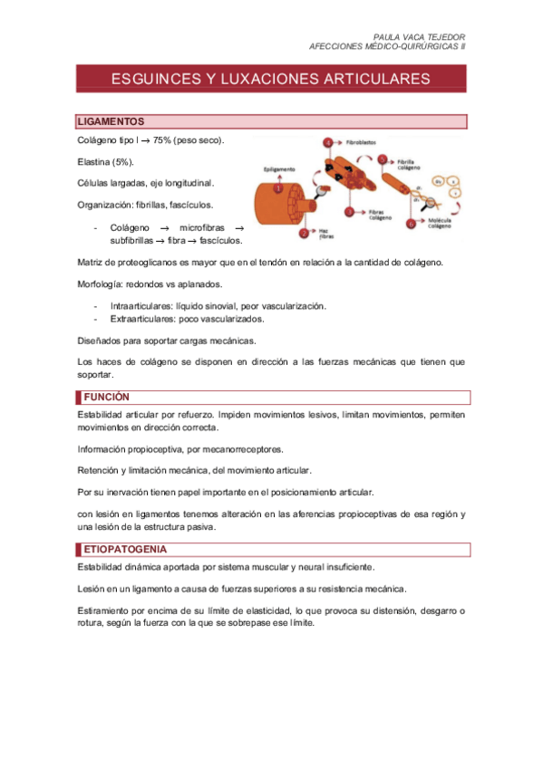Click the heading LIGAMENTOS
(112, 121)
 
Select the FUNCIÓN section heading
(107, 397)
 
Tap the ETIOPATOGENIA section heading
(125, 549)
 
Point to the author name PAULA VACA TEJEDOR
(419, 37)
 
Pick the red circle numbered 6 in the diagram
(411, 223)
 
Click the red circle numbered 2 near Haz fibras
(305, 234)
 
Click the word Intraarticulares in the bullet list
(141, 306)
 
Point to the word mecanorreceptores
(239, 448)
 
